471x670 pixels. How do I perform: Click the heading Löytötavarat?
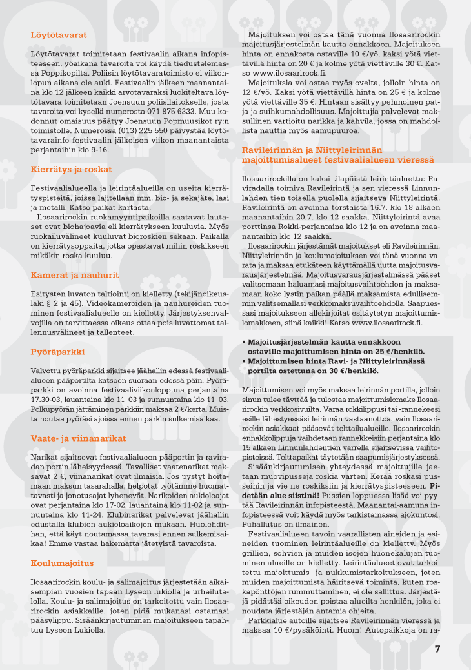pos(59,35)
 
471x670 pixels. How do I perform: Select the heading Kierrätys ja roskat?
pos(71,169)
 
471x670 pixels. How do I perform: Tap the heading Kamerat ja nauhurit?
pos(75,274)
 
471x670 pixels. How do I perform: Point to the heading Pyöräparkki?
pos(58,352)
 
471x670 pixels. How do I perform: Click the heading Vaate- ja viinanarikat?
pos(78,438)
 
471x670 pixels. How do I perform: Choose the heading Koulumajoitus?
pos(63,563)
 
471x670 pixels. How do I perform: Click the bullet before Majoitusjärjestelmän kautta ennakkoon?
pos(243,343)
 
